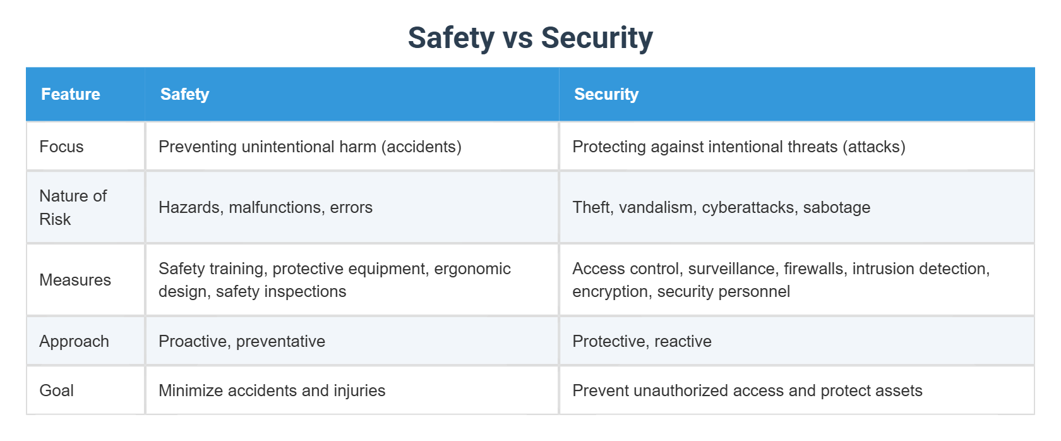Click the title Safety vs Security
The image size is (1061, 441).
(530, 38)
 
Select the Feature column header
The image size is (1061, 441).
(71, 94)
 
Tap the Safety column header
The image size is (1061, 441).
(184, 94)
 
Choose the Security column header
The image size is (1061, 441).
(606, 94)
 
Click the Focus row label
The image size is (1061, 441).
(61, 147)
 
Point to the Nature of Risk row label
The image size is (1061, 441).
(73, 207)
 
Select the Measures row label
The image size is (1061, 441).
(75, 280)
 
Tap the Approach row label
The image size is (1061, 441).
(74, 341)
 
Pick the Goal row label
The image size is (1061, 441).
(57, 390)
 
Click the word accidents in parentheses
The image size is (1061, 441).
(421, 147)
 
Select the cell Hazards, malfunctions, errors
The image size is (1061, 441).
(265, 207)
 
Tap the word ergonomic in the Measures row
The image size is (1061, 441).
(472, 269)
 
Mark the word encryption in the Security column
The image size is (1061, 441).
(611, 291)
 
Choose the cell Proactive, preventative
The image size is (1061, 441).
(242, 341)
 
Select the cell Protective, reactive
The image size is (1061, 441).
(642, 341)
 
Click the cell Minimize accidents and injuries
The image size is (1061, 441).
(272, 390)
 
